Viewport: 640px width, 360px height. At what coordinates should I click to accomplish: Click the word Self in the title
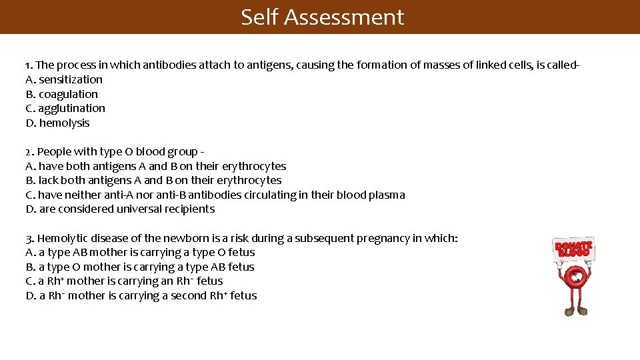point(259,17)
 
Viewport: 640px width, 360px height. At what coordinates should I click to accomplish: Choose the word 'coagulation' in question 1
point(68,94)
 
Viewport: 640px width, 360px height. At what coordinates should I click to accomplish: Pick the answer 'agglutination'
point(71,108)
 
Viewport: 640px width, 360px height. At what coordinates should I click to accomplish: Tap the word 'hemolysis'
point(64,123)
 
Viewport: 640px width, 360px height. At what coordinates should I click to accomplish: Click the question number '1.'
point(29,65)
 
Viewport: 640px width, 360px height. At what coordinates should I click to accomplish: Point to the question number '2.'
point(29,152)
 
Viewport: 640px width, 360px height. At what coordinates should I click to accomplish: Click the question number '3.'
point(29,238)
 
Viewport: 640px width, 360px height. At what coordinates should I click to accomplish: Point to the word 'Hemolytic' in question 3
point(62,238)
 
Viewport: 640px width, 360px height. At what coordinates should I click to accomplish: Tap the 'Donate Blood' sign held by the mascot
point(573,249)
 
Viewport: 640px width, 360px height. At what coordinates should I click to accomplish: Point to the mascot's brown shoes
point(575,310)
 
